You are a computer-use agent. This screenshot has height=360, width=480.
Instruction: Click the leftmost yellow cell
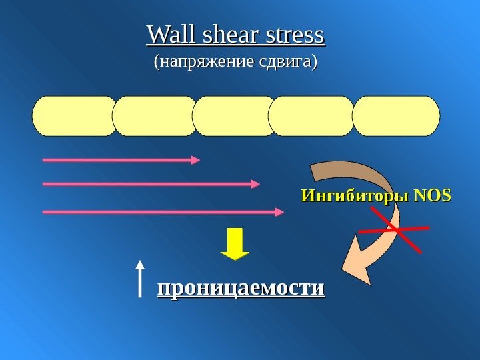pos(75,116)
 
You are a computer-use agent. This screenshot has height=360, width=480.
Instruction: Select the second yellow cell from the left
pos(155,116)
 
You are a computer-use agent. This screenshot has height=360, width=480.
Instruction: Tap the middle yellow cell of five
pos(235,116)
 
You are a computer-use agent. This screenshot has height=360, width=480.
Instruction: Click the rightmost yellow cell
pos(396,116)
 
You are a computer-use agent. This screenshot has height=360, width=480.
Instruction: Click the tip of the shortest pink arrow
pos(198,160)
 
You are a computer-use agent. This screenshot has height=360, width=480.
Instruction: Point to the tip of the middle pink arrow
pos(257,184)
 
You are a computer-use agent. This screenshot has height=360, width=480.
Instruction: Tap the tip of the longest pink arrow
pos(281,212)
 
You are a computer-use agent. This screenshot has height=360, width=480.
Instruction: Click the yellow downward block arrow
pos(235,243)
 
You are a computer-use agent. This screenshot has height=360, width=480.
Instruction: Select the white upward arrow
pos(139,277)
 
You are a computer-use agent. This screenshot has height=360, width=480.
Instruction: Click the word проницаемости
pos(240,288)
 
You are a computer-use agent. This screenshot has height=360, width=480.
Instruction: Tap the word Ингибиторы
pos(355,197)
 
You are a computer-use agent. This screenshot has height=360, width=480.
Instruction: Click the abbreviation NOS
pos(432,197)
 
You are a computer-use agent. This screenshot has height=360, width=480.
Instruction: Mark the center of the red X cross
pos(393,229)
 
